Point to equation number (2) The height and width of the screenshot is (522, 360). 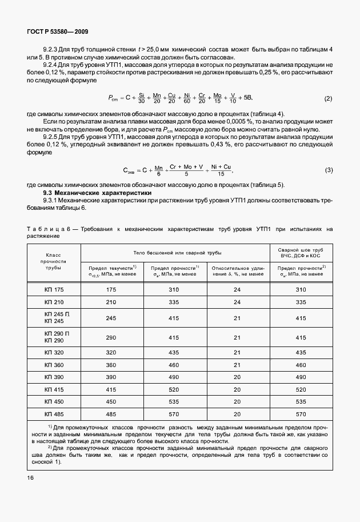328,98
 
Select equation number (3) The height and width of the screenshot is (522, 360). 329,170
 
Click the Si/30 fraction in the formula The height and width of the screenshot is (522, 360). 142,98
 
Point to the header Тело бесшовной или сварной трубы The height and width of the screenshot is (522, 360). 174,252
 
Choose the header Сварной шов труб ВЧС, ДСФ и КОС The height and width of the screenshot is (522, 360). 301,253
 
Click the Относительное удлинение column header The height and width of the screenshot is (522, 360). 237,270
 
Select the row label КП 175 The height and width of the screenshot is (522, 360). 54,290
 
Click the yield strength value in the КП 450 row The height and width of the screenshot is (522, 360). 111,401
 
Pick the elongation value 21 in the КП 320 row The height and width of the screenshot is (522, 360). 237,352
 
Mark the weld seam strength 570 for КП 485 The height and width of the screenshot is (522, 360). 301,413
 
